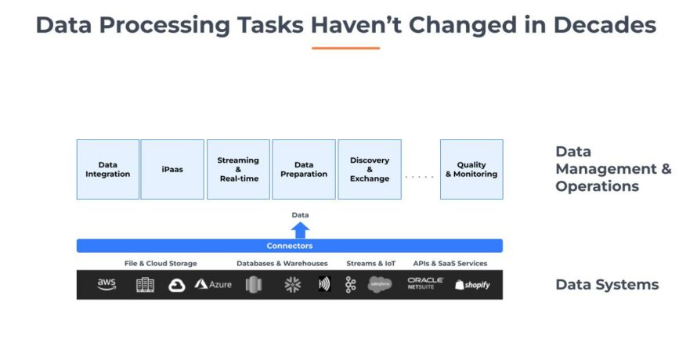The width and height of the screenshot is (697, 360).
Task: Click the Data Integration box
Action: tap(108, 169)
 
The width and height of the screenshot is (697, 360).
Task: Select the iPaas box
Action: tap(172, 169)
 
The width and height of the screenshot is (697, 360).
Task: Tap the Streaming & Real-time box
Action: tap(238, 169)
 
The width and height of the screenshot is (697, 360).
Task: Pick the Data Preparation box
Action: tap(304, 169)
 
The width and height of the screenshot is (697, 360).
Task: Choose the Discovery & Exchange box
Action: tap(370, 169)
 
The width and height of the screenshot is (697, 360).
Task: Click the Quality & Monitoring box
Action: tap(471, 169)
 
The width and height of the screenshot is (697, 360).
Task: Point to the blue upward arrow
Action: tap(300, 230)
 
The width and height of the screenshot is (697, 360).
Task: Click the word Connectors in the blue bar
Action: tap(290, 246)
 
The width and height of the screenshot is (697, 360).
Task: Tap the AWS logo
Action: tap(107, 284)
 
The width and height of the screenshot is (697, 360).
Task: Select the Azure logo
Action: tap(213, 284)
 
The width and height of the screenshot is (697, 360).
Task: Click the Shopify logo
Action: tap(472, 285)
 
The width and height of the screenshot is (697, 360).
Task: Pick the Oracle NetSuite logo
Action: tap(425, 283)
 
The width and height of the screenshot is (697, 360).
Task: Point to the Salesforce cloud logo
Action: tap(380, 284)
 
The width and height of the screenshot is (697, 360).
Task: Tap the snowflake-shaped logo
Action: tap(292, 284)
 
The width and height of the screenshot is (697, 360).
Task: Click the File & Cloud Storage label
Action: tap(161, 263)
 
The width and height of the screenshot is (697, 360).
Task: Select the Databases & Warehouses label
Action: tap(282, 263)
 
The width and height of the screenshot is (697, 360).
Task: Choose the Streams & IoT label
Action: tap(370, 263)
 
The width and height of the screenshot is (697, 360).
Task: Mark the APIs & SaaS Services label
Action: tap(450, 263)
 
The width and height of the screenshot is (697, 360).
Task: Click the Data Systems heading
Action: tap(607, 284)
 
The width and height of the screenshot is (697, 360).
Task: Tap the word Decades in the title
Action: tap(605, 25)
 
